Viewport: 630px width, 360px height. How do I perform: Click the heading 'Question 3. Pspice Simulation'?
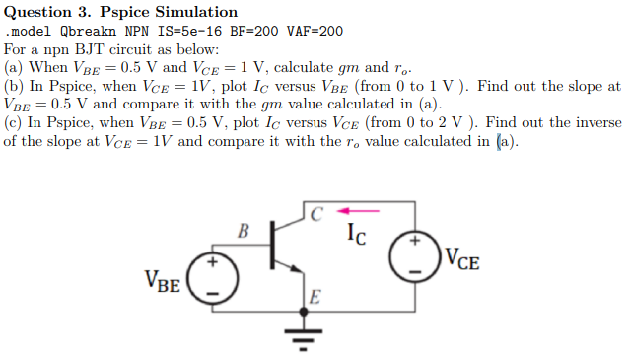coord(120,12)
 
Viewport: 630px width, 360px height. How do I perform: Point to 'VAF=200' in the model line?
coord(315,31)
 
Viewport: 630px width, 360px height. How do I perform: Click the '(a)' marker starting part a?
coord(14,67)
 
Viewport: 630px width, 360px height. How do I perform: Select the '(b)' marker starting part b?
coord(15,86)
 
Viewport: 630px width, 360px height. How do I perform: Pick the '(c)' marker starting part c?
coord(14,122)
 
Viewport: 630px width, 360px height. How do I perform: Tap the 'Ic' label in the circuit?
coord(358,234)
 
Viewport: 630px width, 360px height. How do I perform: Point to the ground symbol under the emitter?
coord(304,340)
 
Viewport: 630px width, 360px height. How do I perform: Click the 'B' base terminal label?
coord(244,233)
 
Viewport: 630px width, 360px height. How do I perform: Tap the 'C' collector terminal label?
coord(315,212)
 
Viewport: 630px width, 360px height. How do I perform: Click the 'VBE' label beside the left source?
coord(163,284)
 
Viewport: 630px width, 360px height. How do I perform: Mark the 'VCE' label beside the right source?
coord(462,260)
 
